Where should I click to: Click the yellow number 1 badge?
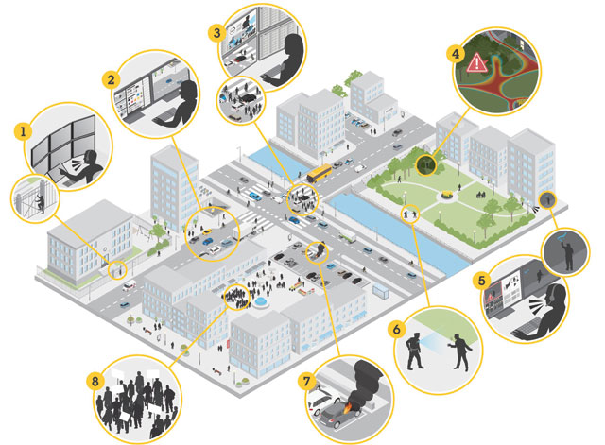23,131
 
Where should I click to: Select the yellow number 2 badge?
111,79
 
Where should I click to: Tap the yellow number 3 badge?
216,33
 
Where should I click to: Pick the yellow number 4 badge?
456,54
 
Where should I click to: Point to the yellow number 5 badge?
482,281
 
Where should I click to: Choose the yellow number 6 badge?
397,330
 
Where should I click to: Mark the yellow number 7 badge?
306,382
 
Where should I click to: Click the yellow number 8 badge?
95,382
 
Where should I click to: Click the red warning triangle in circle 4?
476,63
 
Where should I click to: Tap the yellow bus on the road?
320,173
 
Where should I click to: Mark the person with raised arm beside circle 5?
567,253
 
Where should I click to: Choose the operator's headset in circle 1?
89,157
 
